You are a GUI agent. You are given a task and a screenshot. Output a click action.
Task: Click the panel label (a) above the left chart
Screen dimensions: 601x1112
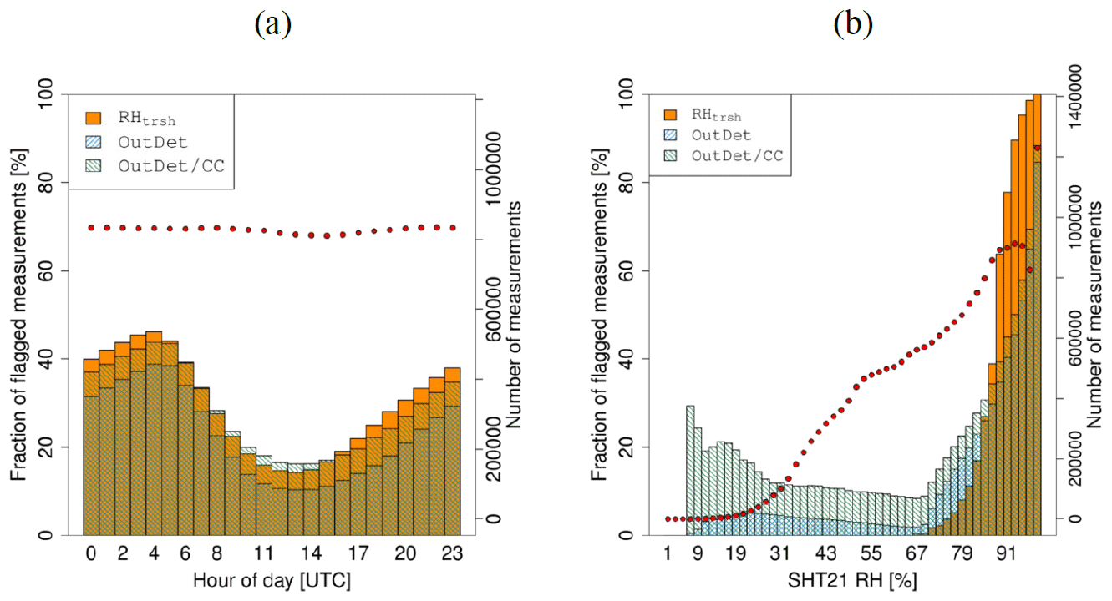273,24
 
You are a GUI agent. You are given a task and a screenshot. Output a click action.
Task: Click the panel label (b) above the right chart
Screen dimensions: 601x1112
852,24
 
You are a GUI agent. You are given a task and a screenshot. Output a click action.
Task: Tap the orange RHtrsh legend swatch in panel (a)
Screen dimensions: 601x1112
93,118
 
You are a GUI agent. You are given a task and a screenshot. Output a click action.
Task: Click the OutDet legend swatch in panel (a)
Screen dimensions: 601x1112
93,142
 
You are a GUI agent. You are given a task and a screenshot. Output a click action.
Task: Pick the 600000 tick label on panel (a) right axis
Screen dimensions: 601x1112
499,309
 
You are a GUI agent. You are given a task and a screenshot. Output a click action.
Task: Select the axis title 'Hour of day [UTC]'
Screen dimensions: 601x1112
271,578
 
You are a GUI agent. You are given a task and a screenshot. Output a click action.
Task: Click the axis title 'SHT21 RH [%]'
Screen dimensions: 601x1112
852,578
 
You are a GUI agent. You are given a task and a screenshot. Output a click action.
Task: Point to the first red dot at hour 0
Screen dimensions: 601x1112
91,227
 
